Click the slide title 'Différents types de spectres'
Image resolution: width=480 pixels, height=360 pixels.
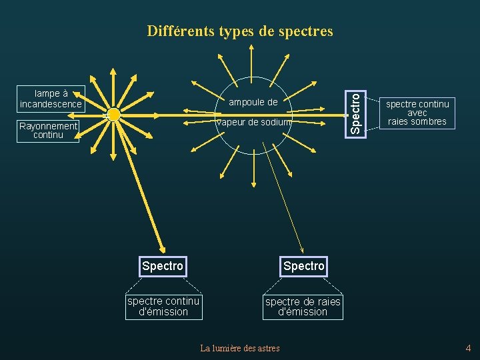[240, 31]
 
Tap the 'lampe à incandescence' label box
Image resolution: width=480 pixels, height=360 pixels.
[51, 99]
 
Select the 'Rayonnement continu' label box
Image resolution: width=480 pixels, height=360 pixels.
[49, 131]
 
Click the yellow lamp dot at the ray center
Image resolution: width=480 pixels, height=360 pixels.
[113, 115]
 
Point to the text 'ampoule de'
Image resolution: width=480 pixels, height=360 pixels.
[253, 102]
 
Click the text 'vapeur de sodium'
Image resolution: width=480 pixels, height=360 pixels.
[253, 122]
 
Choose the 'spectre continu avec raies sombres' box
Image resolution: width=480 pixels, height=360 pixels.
[418, 113]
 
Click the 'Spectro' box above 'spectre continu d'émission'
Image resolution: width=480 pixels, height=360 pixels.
[162, 266]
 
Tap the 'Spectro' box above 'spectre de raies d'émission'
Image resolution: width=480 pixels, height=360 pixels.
[303, 266]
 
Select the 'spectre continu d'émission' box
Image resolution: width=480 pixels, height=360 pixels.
[163, 307]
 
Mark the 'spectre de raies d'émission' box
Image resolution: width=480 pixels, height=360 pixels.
[303, 307]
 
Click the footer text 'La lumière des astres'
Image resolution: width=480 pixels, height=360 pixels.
[240, 347]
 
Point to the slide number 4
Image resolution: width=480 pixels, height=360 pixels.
[468, 347]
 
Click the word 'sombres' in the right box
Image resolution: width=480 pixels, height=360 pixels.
[429, 121]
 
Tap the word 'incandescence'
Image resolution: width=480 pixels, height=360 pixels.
[51, 104]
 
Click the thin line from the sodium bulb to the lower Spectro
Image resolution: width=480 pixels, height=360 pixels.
[283, 193]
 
